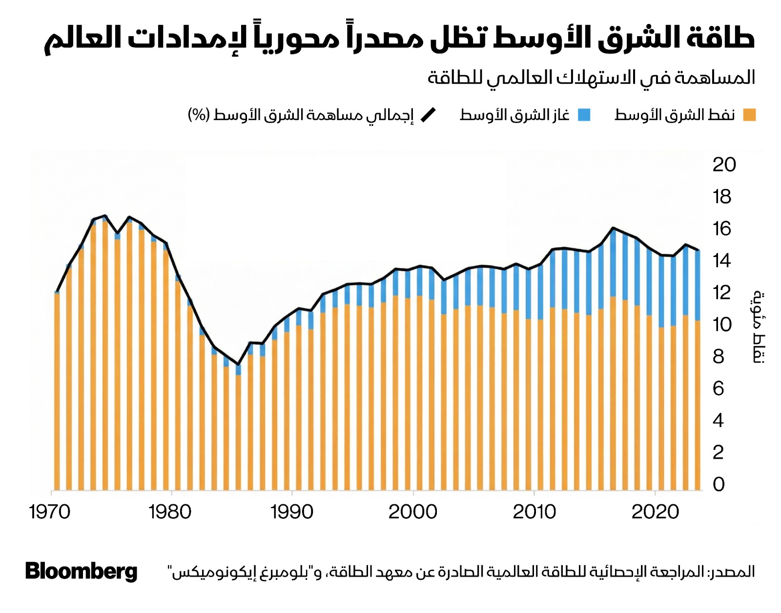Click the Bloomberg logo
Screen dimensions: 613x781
click(81, 571)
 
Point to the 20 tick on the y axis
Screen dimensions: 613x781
click(724, 165)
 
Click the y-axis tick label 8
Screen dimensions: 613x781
click(718, 357)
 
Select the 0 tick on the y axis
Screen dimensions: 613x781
click(719, 484)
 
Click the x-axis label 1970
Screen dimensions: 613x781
click(49, 512)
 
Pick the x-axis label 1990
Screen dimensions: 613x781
click(291, 512)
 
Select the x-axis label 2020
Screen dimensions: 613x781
click(655, 512)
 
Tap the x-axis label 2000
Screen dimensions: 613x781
click(412, 512)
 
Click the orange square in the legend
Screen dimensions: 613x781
click(749, 115)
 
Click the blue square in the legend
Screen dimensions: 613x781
click(584, 115)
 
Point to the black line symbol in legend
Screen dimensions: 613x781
click(428, 115)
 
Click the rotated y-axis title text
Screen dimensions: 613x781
click(758, 327)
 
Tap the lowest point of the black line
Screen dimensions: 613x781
click(238, 364)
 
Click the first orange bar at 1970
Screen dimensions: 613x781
click(57, 391)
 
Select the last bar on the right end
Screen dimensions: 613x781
click(698, 371)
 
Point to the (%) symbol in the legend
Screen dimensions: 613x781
click(199, 115)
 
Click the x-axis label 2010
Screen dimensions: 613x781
click(534, 512)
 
